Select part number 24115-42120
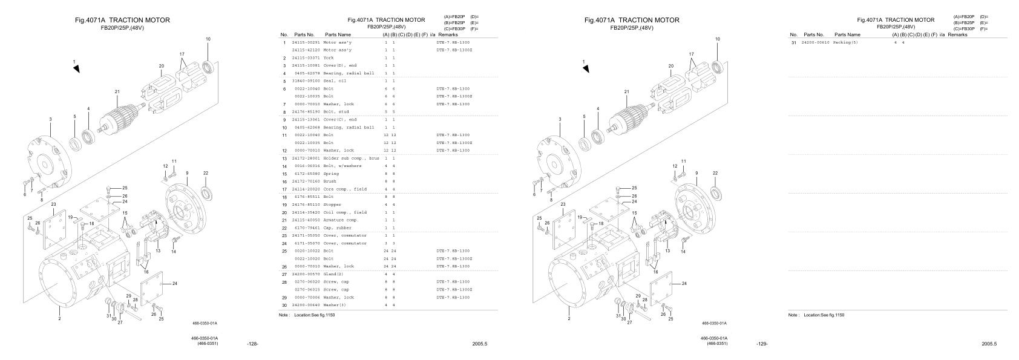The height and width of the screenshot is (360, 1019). pyautogui.click(x=306, y=50)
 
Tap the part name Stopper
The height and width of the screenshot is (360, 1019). pyautogui.click(x=332, y=205)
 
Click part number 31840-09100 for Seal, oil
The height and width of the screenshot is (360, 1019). pyautogui.click(x=306, y=81)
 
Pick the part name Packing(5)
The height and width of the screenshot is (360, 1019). pyautogui.click(x=845, y=43)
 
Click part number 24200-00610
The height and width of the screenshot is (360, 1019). pyautogui.click(x=816, y=43)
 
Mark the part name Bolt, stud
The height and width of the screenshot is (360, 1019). pyautogui.click(x=337, y=112)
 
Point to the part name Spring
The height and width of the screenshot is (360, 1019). pyautogui.click(x=331, y=174)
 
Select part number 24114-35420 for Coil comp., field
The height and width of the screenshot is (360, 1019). pyautogui.click(x=306, y=212)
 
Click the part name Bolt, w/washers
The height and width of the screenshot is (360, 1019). pyautogui.click(x=342, y=166)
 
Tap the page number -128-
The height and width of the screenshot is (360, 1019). pyautogui.click(x=253, y=344)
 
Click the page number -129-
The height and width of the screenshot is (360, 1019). pyautogui.click(x=762, y=344)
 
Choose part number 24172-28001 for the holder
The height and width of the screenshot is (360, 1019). pyautogui.click(x=306, y=158)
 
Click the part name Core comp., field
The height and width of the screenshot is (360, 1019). pyautogui.click(x=344, y=189)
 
